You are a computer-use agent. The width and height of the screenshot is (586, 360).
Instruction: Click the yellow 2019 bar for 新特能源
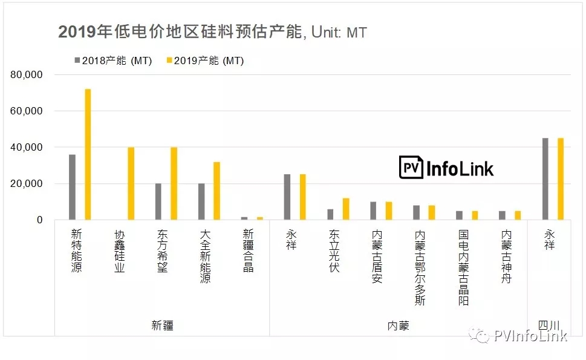(88, 154)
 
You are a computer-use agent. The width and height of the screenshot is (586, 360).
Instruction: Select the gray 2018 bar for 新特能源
(72, 187)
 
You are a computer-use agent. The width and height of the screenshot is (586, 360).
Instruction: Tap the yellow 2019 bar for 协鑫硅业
(131, 183)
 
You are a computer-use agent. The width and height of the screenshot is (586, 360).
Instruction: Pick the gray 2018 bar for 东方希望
(158, 201)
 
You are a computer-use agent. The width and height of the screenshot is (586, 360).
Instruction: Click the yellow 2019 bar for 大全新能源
(216, 191)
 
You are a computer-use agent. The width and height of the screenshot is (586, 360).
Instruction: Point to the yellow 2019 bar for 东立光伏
(346, 209)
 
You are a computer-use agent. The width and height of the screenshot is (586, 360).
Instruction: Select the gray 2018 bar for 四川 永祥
(545, 179)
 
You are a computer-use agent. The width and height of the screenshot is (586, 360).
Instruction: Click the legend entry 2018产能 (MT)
(113, 61)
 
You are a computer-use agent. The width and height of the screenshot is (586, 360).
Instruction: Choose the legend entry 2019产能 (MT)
(205, 61)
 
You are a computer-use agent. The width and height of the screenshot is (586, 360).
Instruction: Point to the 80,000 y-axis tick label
(27, 75)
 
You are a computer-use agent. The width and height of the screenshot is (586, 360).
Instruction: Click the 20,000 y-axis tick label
(27, 183)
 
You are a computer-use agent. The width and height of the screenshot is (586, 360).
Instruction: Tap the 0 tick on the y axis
(40, 220)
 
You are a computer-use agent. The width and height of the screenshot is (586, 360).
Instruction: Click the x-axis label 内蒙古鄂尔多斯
(420, 267)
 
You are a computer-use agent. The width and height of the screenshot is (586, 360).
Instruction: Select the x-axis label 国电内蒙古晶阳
(463, 267)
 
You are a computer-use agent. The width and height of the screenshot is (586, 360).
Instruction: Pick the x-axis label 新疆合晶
(248, 250)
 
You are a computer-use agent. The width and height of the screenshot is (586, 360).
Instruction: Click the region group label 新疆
(162, 326)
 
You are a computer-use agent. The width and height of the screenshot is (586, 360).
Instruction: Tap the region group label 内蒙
(399, 326)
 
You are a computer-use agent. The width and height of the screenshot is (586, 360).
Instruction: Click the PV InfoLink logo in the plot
(446, 168)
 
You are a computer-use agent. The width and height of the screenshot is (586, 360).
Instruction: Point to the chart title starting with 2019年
(213, 31)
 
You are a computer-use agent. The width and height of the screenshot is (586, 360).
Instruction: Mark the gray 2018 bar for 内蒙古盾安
(373, 211)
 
